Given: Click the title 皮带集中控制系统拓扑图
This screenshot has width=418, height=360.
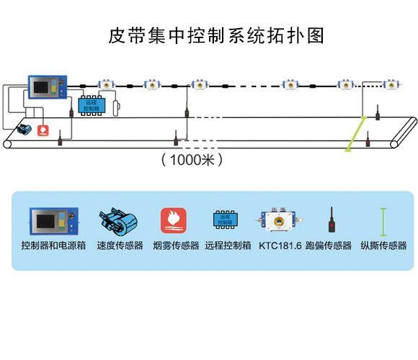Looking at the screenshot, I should tap(209, 34).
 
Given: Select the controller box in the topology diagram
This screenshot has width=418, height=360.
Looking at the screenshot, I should tap(48, 88).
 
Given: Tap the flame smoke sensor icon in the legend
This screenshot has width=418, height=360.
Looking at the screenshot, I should tap(173, 220).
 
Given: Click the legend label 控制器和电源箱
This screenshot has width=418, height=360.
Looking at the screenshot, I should tap(53, 246).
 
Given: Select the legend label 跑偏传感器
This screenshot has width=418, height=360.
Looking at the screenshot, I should tap(329, 246).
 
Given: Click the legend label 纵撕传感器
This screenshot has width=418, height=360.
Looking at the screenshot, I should tap(383, 246).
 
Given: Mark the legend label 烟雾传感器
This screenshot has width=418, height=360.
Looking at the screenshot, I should tap(176, 246).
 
